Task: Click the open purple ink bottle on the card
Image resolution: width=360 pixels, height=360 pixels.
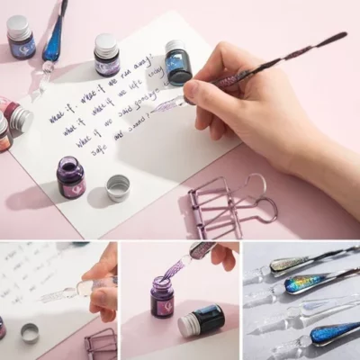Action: [x=70, y=177]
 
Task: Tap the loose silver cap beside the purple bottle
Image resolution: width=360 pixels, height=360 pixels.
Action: [x=118, y=187]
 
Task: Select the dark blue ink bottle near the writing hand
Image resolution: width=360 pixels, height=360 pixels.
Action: [x=178, y=62]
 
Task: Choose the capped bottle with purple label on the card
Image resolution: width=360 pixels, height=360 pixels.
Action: [x=106, y=56]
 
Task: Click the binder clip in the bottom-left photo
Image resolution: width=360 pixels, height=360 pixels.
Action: [x=100, y=343]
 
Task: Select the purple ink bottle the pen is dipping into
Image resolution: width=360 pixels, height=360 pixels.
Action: [x=163, y=297]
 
